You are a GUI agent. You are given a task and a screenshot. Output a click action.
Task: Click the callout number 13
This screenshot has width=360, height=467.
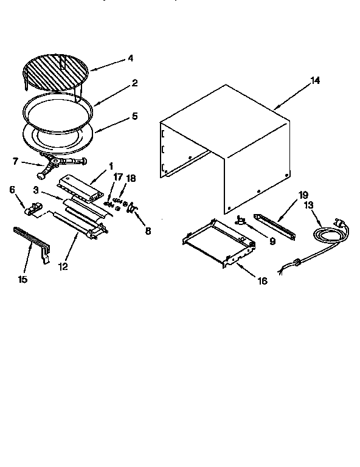pos(308,205)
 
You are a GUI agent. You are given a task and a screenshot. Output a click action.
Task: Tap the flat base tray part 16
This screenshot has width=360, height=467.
pos(216,243)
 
